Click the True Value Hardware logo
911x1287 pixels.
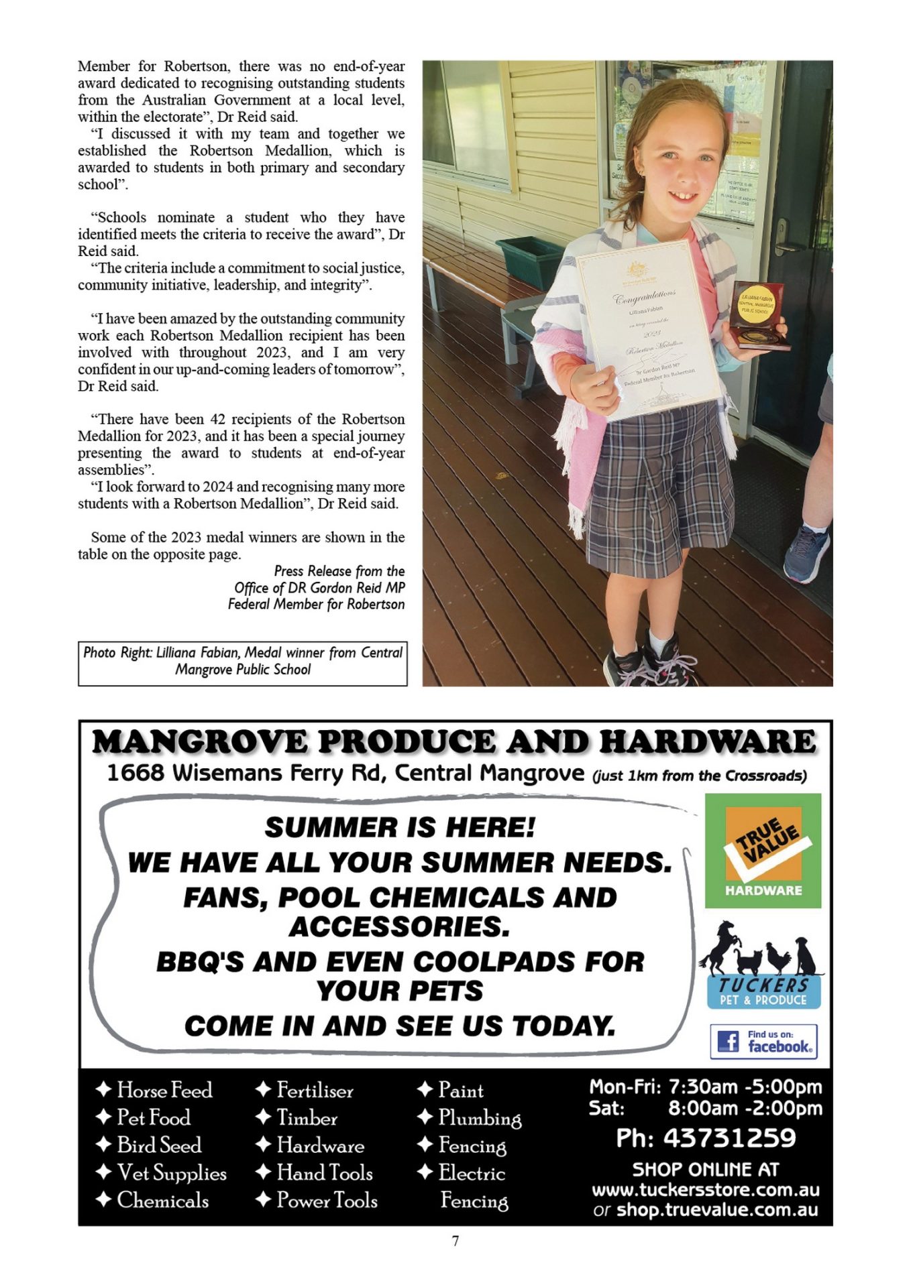point(763,851)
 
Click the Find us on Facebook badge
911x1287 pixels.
point(763,1041)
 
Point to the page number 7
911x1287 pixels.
point(455,1241)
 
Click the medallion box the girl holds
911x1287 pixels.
point(759,315)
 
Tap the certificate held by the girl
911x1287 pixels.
point(647,328)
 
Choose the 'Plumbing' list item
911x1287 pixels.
point(479,1117)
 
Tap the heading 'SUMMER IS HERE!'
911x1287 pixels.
point(400,827)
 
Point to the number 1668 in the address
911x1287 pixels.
point(136,773)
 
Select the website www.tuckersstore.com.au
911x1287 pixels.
point(705,1190)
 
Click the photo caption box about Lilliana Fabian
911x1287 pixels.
point(242,663)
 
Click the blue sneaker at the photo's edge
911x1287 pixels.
point(806,554)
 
